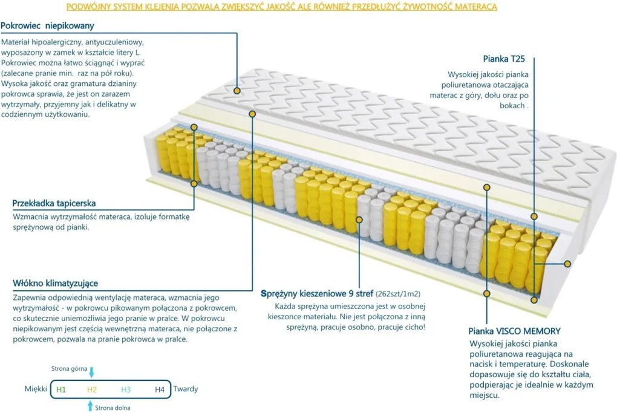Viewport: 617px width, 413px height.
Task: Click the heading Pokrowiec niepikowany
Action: pos(47,26)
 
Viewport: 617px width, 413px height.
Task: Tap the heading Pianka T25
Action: pos(504,59)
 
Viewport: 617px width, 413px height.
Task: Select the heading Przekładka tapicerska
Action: pos(54,203)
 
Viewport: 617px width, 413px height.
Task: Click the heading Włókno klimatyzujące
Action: pos(56,283)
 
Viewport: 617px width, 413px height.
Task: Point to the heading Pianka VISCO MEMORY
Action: pos(514,331)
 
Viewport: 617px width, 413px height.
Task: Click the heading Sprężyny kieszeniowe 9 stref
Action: pos(317,294)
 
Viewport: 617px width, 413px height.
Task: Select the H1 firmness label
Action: pos(61,389)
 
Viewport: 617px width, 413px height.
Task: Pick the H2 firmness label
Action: pos(92,389)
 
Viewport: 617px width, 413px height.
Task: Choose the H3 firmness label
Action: pos(126,389)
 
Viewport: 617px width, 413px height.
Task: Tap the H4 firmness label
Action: pos(159,389)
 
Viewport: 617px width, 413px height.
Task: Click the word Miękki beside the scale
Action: pos(36,389)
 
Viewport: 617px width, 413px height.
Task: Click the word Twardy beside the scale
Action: pos(186,389)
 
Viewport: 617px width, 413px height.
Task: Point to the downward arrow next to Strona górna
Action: pos(92,372)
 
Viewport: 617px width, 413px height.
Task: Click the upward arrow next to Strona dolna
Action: pos(90,406)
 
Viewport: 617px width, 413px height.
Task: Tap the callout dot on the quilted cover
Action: pos(237,91)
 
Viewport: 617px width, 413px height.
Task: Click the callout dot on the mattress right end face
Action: pos(567,264)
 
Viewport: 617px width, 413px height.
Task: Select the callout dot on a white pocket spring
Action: pos(359,220)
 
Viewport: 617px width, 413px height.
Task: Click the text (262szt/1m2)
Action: pos(398,294)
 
